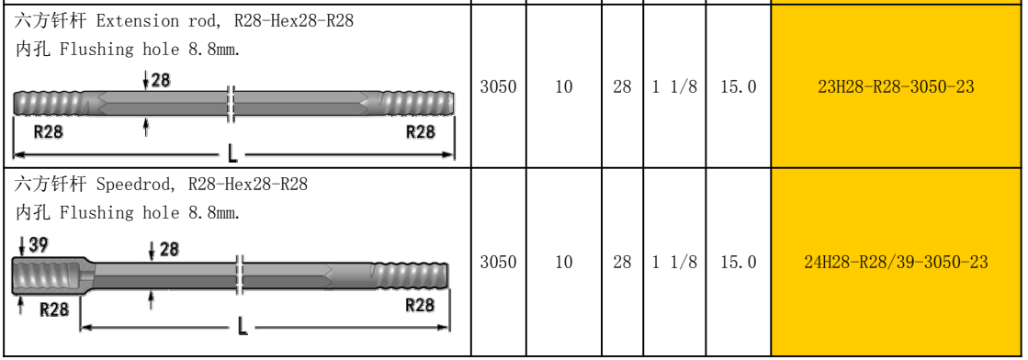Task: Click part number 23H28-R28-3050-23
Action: pos(896,86)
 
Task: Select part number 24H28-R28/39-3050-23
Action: pos(896,263)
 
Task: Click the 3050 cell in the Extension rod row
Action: pos(498,86)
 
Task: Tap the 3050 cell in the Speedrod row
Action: pos(498,263)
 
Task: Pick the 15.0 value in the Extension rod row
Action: pos(739,86)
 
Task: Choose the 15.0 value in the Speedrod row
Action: pos(739,263)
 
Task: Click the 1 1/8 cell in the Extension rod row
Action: pos(674,86)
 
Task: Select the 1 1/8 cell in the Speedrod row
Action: pos(674,263)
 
